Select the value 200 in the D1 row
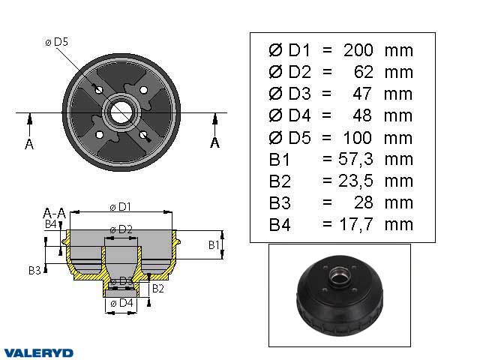coord(358,50)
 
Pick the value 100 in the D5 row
coord(358,138)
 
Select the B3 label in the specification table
coord(279,203)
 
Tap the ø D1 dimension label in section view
coord(120,206)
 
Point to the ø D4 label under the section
coord(121,303)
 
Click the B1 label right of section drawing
coord(213,244)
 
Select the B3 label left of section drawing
coord(34,270)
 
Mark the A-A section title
coord(54,213)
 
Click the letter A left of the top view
coord(29,144)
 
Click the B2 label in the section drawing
coord(158,288)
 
